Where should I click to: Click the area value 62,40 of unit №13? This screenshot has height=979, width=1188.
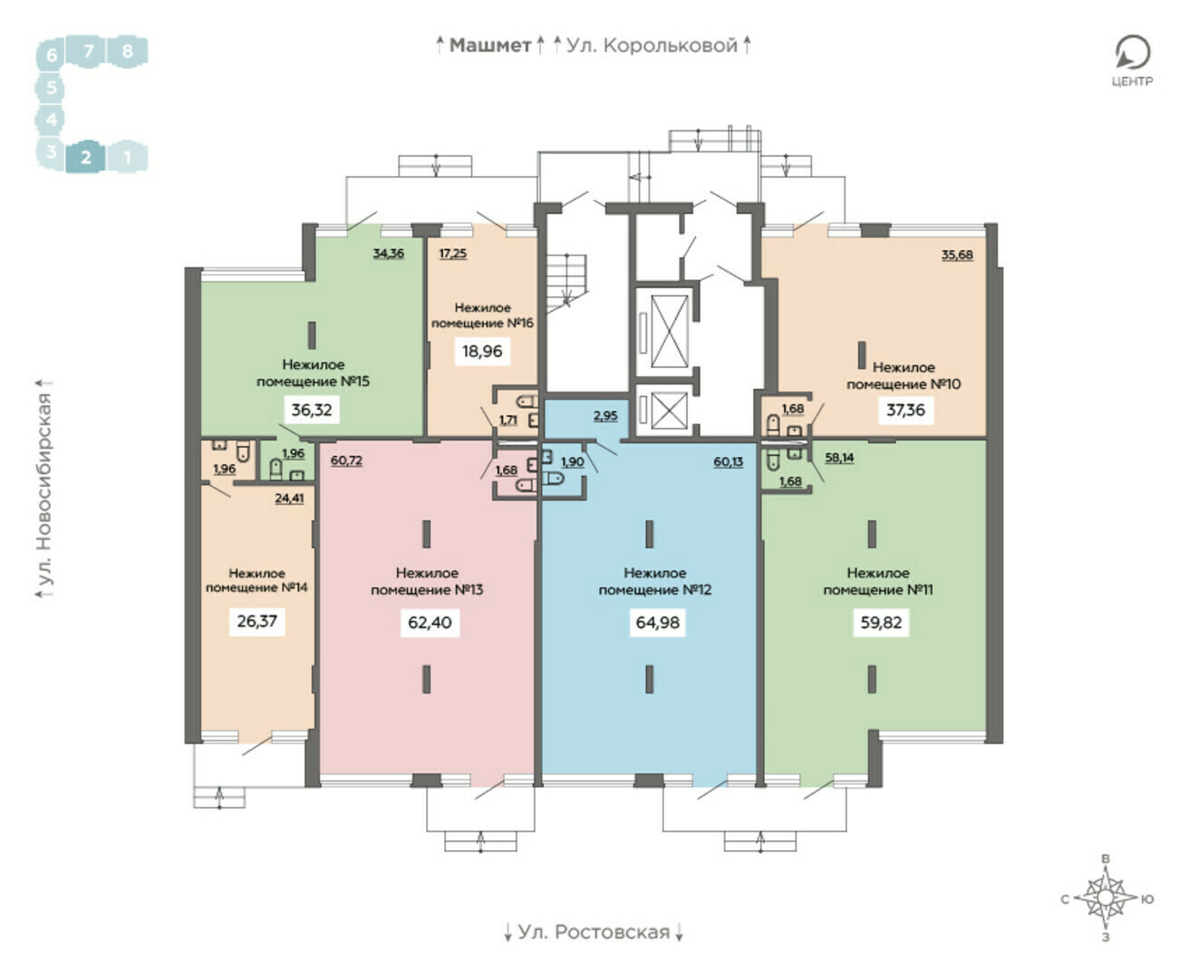pyautogui.click(x=430, y=622)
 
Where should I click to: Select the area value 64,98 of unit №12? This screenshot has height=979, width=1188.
pyautogui.click(x=657, y=622)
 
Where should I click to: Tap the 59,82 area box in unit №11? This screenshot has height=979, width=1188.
pyautogui.click(x=881, y=622)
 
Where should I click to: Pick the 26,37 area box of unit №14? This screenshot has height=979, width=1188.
pyautogui.click(x=257, y=621)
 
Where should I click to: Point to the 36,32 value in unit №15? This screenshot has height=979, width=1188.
pyautogui.click(x=311, y=409)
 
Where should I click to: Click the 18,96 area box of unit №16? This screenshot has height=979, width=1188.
pyautogui.click(x=482, y=351)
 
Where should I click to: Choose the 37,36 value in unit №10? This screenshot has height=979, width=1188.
pyautogui.click(x=905, y=409)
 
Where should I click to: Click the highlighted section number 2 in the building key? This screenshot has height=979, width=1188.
pyautogui.click(x=86, y=157)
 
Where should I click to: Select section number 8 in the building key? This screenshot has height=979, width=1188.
pyautogui.click(x=128, y=52)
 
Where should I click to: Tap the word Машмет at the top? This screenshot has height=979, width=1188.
pyautogui.click(x=490, y=45)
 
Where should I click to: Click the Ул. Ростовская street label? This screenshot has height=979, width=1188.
pyautogui.click(x=594, y=932)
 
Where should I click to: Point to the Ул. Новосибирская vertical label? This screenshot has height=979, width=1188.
pyautogui.click(x=44, y=489)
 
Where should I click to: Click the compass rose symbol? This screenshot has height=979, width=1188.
pyautogui.click(x=1105, y=898)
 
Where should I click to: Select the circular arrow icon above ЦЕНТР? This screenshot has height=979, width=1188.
pyautogui.click(x=1133, y=53)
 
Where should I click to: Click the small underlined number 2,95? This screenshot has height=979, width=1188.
pyautogui.click(x=605, y=415)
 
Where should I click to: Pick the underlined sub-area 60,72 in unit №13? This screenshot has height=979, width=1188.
pyautogui.click(x=346, y=460)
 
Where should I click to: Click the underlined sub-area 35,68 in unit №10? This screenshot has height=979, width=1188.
pyautogui.click(x=957, y=255)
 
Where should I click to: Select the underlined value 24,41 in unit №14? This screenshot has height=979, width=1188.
pyautogui.click(x=289, y=498)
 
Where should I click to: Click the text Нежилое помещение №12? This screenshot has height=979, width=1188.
pyautogui.click(x=655, y=581)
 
